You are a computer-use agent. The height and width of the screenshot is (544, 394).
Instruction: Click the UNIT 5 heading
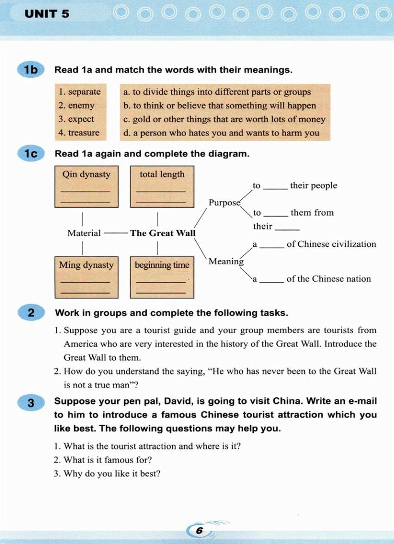(x=47, y=14)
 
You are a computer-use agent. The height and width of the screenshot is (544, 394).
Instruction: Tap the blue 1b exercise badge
(x=31, y=70)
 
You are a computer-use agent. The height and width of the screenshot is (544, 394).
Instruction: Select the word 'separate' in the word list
(x=84, y=92)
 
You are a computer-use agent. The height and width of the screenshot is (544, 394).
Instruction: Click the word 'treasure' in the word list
(x=83, y=133)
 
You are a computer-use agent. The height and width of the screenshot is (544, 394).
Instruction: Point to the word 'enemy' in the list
(x=81, y=105)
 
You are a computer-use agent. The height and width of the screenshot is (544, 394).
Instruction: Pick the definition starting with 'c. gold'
(x=224, y=119)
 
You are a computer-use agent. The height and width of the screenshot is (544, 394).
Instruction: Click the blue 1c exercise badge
(x=31, y=154)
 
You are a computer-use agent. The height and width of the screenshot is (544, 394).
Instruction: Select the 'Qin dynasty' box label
(x=86, y=174)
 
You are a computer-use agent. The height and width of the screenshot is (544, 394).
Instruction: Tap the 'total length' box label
(x=162, y=174)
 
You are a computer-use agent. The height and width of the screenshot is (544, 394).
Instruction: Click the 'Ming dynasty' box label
(x=86, y=265)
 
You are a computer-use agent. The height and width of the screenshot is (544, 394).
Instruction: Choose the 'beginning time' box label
(x=162, y=265)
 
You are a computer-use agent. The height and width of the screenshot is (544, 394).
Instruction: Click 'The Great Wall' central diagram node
(x=163, y=233)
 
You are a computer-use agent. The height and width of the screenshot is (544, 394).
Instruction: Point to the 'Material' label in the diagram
(x=84, y=233)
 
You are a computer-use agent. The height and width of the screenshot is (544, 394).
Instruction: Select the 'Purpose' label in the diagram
(x=224, y=202)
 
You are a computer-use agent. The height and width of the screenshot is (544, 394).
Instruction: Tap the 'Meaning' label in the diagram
(x=226, y=261)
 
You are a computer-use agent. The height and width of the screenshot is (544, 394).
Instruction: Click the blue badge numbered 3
(x=31, y=403)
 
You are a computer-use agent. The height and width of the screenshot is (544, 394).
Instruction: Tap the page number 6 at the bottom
(x=199, y=531)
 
